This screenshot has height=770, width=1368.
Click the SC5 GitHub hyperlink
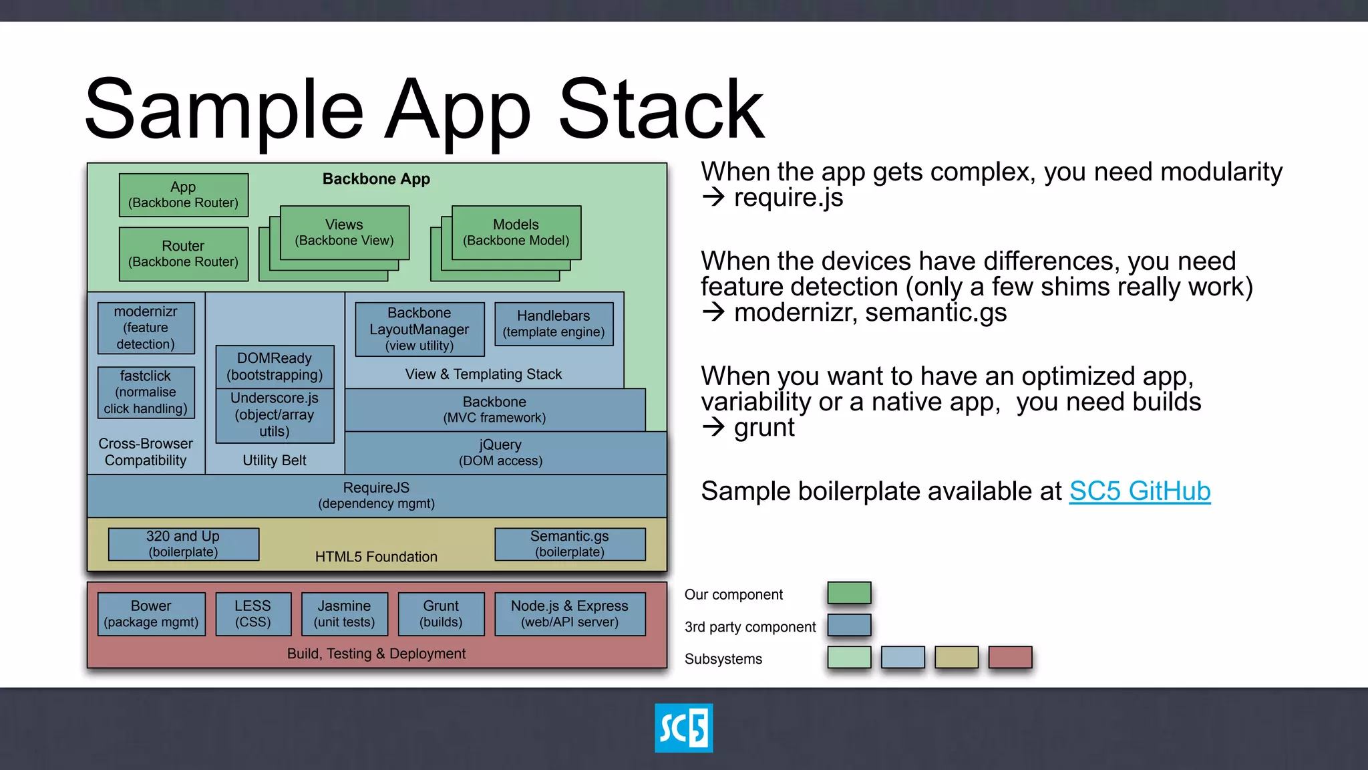(x=1139, y=491)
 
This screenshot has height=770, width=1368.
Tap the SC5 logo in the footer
(x=683, y=728)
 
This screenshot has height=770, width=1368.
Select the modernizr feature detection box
(x=146, y=328)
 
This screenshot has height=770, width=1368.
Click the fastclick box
(x=146, y=392)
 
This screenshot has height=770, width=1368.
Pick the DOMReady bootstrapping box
(x=275, y=366)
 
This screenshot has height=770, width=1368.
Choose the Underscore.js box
(x=275, y=415)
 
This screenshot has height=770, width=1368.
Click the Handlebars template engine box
(x=554, y=324)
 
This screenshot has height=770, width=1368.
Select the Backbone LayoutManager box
(x=419, y=329)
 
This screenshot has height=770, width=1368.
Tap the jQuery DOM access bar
(x=500, y=453)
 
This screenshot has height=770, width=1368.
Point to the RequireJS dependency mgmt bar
(x=376, y=495)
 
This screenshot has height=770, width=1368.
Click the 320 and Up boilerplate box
(x=183, y=544)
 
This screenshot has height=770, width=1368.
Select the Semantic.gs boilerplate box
(x=570, y=544)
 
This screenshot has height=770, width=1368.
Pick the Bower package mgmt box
(x=151, y=614)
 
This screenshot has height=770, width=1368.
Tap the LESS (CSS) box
(x=253, y=614)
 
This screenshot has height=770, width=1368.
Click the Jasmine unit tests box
(x=344, y=614)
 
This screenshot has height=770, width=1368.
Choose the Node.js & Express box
(x=570, y=614)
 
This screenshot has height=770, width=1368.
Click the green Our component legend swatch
(x=849, y=593)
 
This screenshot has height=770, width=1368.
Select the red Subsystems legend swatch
(x=1010, y=657)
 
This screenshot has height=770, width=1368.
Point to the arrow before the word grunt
(x=713, y=427)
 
